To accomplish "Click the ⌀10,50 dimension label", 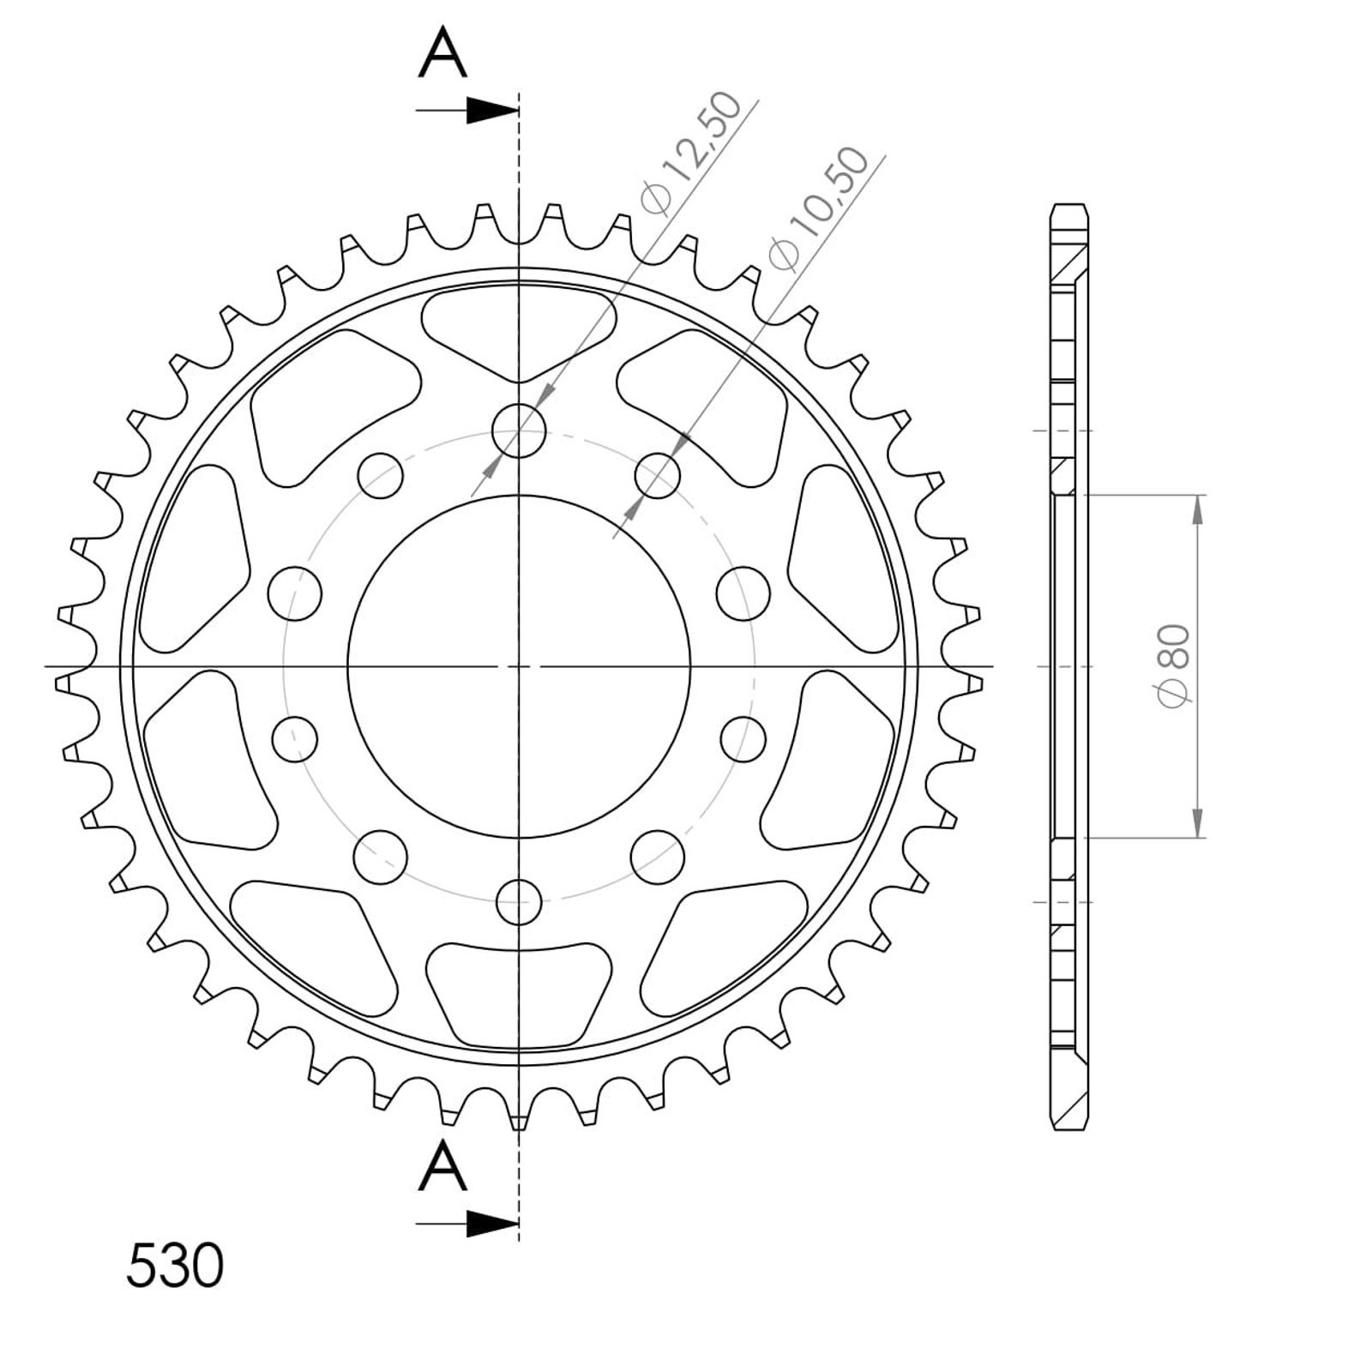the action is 819,209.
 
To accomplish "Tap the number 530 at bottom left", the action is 175,1266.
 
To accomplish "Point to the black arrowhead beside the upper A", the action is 493,111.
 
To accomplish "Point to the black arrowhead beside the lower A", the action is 493,1224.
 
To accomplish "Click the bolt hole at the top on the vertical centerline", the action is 519,430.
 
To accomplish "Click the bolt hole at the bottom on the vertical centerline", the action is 519,901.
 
